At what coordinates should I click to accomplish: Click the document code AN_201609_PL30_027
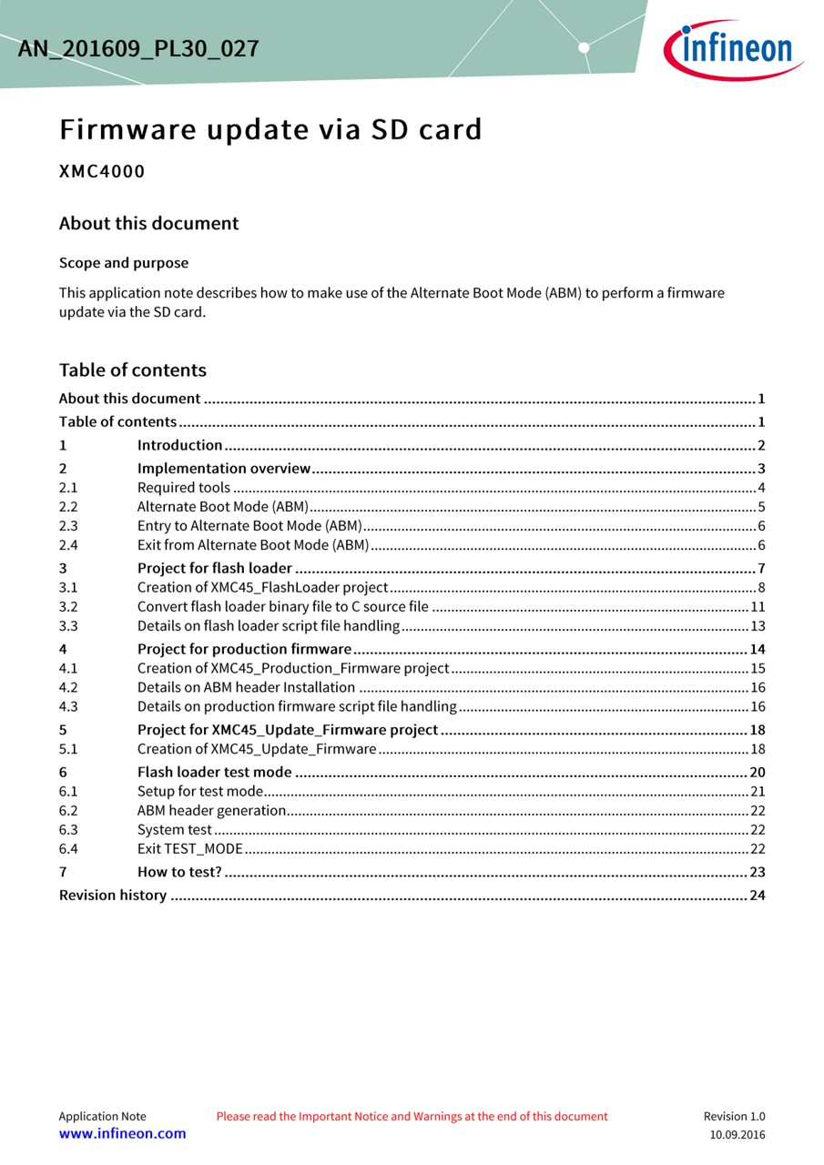138,48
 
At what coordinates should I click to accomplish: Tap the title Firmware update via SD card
270,130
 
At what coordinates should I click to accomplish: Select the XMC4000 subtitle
102,171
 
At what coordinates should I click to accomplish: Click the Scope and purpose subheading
124,263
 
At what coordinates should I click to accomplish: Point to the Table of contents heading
133,370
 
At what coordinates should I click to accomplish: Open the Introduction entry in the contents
180,445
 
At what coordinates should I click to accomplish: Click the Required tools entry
184,488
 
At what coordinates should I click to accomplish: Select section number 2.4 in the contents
68,545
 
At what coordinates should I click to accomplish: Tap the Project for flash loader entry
215,569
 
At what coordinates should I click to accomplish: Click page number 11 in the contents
758,607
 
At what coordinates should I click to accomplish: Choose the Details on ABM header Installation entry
246,687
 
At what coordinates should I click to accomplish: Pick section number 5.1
68,749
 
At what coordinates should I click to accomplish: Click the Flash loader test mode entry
215,773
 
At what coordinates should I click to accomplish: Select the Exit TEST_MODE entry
190,848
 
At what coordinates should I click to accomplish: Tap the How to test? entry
179,872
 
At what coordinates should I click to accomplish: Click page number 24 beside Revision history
757,896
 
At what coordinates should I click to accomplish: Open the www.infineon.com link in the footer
122,1133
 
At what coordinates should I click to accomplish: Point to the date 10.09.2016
738,1134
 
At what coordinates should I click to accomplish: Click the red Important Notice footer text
412,1116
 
